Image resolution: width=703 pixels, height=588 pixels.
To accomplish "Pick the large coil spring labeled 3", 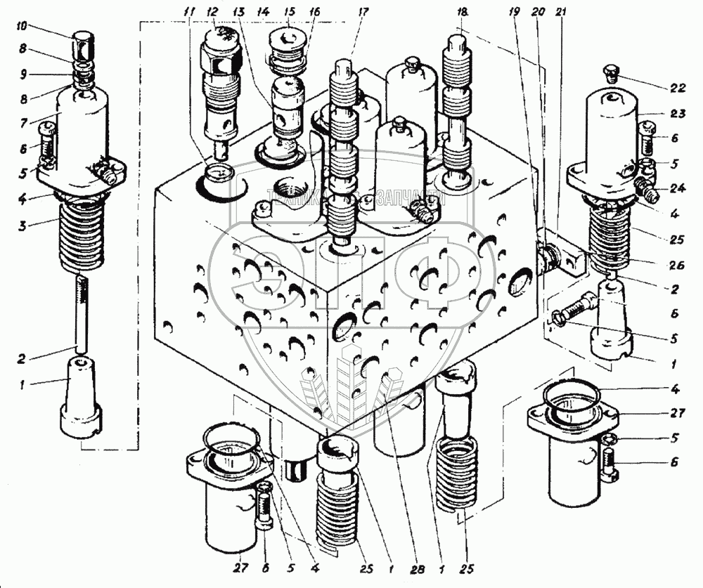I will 83,235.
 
